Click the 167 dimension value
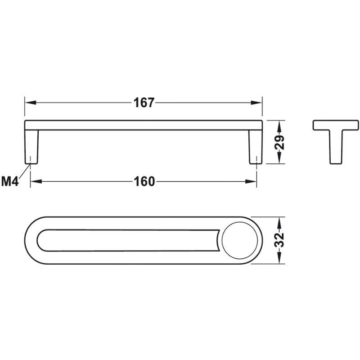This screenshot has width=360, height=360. tap(144, 103)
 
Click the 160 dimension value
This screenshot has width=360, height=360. tap(144, 182)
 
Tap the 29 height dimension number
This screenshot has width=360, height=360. tap(279, 142)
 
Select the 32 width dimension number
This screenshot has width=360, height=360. tap(279, 240)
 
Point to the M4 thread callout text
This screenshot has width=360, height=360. tap(9, 181)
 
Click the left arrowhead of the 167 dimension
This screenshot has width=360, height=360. tap(31, 103)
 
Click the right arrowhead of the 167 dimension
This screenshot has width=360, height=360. tap(256, 103)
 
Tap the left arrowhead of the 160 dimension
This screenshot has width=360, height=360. tap(36, 182)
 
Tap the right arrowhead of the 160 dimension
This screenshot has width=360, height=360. tap(251, 182)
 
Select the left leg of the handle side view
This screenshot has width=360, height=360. tap(31, 147)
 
